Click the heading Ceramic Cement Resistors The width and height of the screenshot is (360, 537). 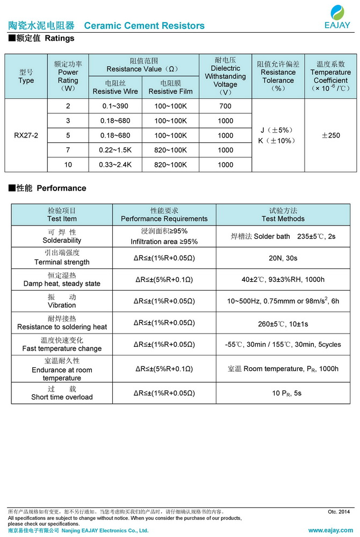144,26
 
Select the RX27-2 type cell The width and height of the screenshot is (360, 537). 26,135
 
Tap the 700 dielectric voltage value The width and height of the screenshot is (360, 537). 225,106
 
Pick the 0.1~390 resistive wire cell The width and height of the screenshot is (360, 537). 115,106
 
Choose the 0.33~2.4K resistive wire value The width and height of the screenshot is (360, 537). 115,165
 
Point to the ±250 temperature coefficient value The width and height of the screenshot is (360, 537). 330,135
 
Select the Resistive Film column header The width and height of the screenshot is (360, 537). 170,88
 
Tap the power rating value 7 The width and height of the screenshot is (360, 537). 68,150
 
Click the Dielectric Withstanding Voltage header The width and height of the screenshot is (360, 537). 225,76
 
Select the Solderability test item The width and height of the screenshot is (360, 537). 62,236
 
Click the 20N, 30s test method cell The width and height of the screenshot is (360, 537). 283,258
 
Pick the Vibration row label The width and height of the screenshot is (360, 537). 62,301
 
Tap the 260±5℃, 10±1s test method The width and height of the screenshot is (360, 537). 283,324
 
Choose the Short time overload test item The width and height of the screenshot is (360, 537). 62,393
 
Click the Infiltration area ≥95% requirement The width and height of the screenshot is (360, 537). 164,242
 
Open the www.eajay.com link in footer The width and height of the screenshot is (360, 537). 331,530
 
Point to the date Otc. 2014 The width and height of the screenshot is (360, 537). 339,512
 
